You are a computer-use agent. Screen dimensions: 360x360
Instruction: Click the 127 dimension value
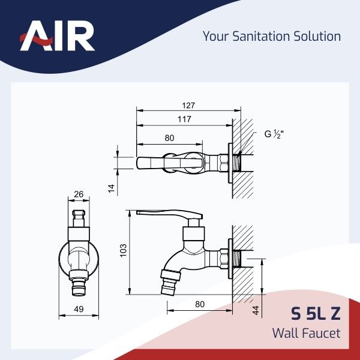(188, 106)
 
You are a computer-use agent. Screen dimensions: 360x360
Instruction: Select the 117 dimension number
(184, 119)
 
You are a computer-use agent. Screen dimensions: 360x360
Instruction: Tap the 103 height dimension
(123, 250)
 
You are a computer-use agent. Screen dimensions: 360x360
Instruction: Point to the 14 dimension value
(112, 188)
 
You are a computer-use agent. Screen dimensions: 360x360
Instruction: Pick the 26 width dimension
(79, 194)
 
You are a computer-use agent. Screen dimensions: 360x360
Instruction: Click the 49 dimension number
(79, 309)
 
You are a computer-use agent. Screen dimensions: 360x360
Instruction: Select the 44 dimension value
(256, 310)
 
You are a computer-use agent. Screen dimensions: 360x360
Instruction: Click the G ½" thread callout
(274, 134)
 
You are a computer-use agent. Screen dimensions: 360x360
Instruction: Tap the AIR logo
(57, 35)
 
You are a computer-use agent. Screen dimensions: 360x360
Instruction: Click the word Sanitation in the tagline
(261, 36)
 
